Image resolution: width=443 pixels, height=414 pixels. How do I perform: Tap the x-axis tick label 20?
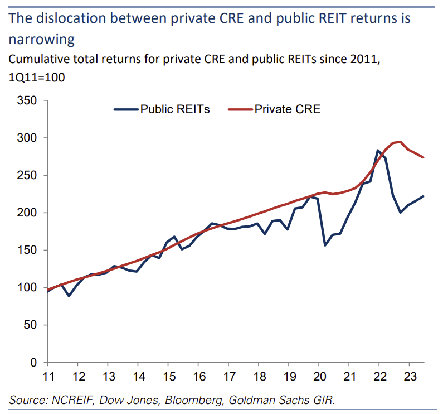pyautogui.click(x=318, y=376)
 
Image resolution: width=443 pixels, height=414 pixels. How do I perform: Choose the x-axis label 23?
pyautogui.click(x=408, y=376)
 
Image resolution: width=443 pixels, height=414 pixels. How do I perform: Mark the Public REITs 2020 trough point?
pyautogui.click(x=325, y=245)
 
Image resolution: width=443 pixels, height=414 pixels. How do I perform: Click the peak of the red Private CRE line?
pyautogui.click(x=400, y=142)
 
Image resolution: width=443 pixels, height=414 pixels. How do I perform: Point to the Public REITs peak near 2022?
pyautogui.click(x=378, y=150)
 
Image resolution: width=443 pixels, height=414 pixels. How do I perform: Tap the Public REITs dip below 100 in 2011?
pyautogui.click(x=69, y=296)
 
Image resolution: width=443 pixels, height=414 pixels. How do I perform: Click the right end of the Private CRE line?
pyautogui.click(x=423, y=157)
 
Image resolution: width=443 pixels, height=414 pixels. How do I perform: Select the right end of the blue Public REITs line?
pyautogui.click(x=423, y=196)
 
